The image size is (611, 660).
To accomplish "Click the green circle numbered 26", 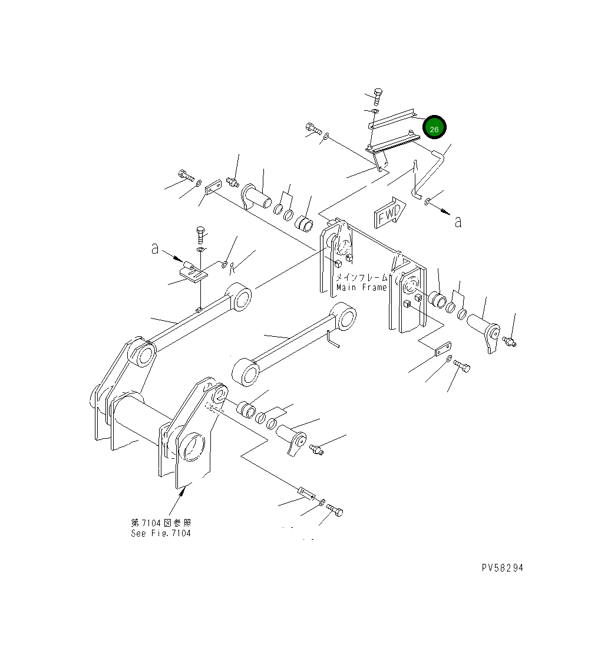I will (434, 128).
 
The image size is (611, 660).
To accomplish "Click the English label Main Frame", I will (361, 287).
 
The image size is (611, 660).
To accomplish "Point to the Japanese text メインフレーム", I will (362, 277).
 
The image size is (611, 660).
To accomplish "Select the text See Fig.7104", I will (161, 533).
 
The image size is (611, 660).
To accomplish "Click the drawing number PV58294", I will (501, 568).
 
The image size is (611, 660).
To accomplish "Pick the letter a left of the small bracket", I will (155, 249).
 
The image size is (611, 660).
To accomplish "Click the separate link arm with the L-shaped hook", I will (295, 343).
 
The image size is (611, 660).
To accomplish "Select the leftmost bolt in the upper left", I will (184, 175).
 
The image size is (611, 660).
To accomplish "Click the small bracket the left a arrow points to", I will (192, 272).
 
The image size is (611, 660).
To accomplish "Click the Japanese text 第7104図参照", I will (161, 523).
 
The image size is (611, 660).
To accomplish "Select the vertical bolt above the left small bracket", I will (200, 235).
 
